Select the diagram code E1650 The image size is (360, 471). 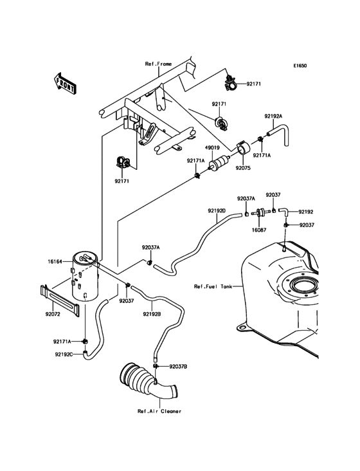point(300,66)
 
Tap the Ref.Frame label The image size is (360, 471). point(158,64)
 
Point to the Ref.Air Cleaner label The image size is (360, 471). point(159,411)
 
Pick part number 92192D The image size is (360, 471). point(217,210)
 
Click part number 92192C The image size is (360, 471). point(64,353)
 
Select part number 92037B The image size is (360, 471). point(178,366)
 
